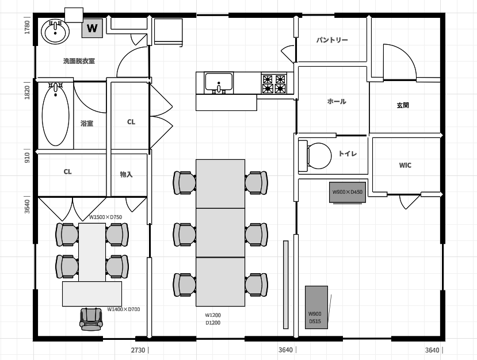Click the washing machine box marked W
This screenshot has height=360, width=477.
92,28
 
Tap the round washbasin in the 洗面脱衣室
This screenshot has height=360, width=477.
55,32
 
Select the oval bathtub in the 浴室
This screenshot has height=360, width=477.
55,114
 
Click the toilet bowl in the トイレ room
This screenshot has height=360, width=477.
315,156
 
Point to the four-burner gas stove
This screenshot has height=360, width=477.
274,83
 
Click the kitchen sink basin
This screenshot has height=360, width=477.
219,82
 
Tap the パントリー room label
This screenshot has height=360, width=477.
332,40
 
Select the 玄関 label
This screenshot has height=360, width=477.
403,105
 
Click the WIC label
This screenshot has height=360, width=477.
405,166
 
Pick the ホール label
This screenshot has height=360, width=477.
337,101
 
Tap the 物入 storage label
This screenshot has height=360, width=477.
126,174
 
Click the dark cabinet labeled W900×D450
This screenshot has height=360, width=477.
348,192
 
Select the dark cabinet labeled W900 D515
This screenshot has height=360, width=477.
316,307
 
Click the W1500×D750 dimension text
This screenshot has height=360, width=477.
105,217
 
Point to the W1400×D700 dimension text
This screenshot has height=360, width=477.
124,309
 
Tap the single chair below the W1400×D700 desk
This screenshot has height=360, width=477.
91,319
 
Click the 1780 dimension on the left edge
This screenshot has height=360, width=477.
27,27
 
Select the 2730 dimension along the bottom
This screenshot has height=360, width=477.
138,350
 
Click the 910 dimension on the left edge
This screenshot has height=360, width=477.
27,158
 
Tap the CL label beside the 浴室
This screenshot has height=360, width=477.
131,122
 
